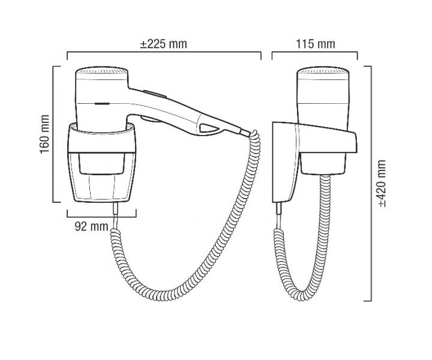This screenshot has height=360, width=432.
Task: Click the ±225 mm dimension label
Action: (x=164, y=44)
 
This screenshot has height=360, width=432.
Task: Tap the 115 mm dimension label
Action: (x=316, y=44)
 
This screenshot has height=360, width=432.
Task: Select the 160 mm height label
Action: (x=44, y=134)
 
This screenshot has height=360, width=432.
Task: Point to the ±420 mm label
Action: (x=382, y=183)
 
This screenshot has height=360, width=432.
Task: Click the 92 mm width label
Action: (x=91, y=226)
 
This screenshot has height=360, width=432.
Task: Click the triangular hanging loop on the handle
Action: (x=208, y=128)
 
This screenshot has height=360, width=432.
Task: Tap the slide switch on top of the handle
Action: (x=155, y=94)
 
